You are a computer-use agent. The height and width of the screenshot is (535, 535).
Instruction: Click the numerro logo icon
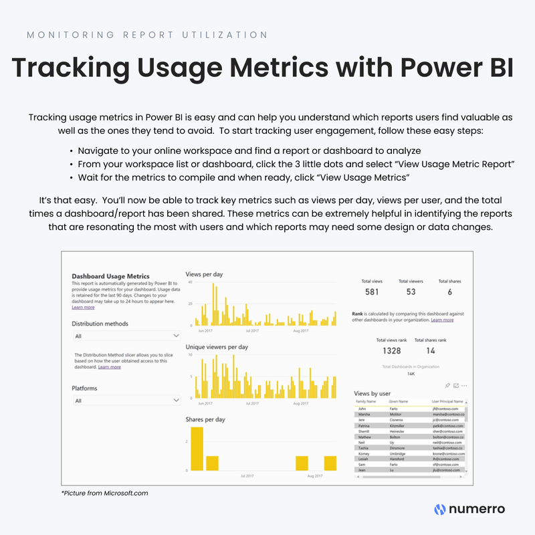[x=440, y=509]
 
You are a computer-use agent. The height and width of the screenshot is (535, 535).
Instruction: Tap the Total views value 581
[x=371, y=292]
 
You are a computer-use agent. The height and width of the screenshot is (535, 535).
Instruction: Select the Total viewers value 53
[x=410, y=292]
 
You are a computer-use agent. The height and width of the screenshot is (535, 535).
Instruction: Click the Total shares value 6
[x=449, y=292]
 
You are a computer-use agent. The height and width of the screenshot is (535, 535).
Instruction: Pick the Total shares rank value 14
[x=430, y=350]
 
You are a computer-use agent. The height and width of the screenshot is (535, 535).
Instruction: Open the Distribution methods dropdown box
[x=126, y=336]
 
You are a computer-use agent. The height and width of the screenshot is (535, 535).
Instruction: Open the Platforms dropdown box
[x=126, y=401]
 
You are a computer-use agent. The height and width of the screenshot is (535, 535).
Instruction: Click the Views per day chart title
[x=204, y=275]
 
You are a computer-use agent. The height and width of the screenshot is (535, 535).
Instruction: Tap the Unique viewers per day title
[x=217, y=347]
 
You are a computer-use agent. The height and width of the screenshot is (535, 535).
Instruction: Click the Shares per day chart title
[x=205, y=419]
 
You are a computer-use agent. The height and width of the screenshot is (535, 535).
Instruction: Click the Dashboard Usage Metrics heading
[x=110, y=276]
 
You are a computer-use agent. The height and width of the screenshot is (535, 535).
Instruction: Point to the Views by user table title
[x=372, y=394]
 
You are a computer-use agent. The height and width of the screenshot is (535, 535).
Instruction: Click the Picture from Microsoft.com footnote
[x=104, y=493]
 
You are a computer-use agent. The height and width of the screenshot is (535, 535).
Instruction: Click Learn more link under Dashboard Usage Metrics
[x=83, y=308]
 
